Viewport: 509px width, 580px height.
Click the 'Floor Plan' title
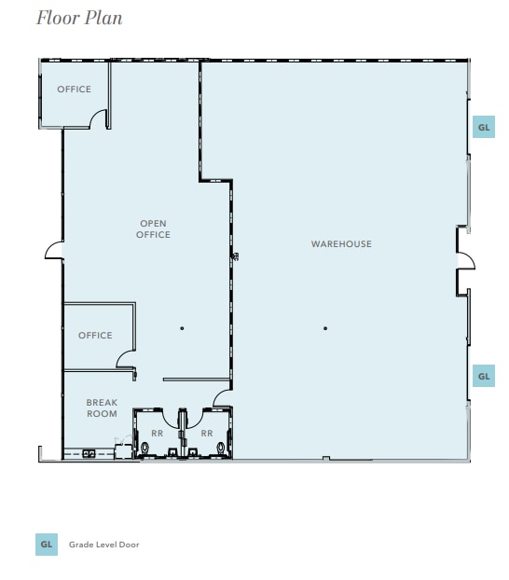point(79,18)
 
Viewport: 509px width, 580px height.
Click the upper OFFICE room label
point(74,90)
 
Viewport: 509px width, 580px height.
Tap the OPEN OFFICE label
point(154,229)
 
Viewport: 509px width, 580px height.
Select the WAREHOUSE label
point(341,244)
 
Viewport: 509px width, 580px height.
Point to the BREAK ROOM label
point(102,408)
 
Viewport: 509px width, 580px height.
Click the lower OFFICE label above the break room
point(95,336)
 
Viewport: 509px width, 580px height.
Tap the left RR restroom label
point(157,434)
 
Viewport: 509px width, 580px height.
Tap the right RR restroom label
point(207,434)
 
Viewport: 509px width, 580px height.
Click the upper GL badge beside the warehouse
point(483,127)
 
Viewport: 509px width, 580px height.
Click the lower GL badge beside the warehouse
point(483,376)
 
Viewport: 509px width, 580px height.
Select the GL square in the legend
point(47,544)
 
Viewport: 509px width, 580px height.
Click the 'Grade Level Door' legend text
point(103,545)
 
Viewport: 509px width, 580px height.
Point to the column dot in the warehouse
point(325,328)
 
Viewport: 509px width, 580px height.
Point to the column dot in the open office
point(182,328)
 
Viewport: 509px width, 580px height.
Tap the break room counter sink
point(89,453)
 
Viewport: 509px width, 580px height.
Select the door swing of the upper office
point(98,119)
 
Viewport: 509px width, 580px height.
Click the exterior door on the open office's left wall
point(54,252)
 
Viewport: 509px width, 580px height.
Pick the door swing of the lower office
point(127,357)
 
